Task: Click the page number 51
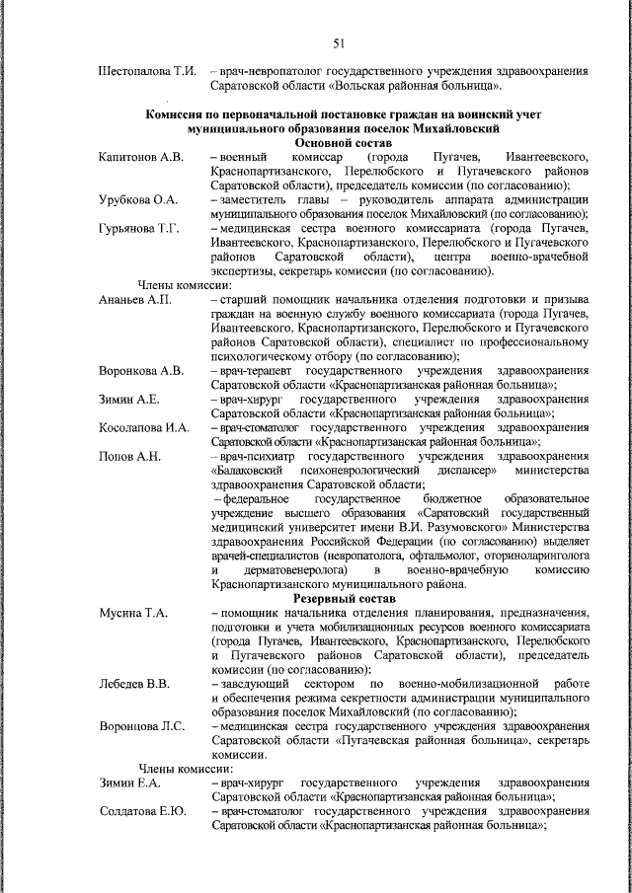338,42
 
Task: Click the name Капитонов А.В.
141,158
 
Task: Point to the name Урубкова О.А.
138,200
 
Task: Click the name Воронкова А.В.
141,371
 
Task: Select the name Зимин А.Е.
128,400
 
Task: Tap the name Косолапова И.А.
143,428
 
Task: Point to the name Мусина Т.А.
133,613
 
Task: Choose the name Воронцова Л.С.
142,727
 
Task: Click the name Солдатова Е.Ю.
143,812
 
